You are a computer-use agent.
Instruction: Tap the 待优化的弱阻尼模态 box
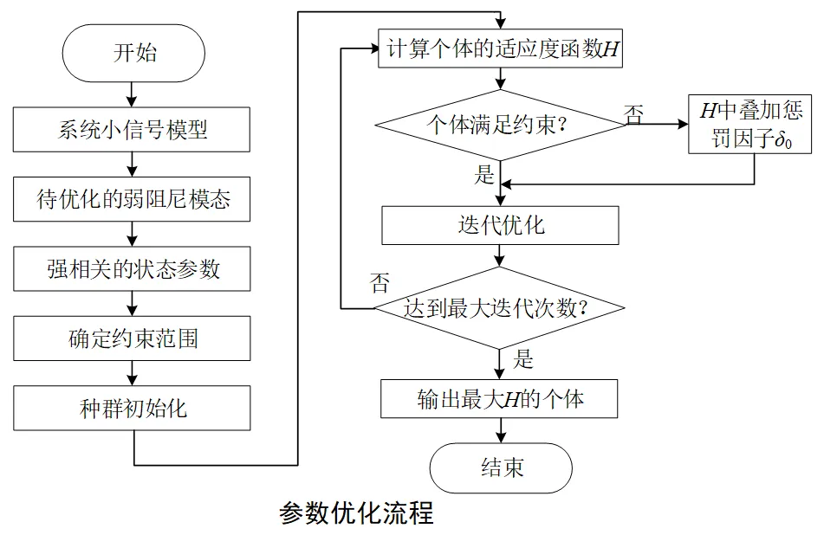132,199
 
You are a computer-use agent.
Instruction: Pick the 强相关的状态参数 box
132,268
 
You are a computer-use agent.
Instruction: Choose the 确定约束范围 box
132,338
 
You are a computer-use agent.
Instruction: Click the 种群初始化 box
132,408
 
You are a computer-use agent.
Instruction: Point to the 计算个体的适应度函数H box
500,49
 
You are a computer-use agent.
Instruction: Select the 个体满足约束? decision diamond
500,124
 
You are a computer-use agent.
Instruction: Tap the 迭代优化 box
500,225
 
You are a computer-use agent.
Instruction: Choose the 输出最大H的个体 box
500,400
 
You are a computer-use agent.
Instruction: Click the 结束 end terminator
500,468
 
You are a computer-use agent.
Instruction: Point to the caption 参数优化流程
356,513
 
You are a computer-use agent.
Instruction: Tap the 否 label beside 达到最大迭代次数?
379,283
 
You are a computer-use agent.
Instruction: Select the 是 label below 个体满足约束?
484,175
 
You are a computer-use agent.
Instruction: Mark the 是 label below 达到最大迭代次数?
522,358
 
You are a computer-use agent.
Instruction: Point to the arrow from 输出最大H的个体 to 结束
500,431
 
